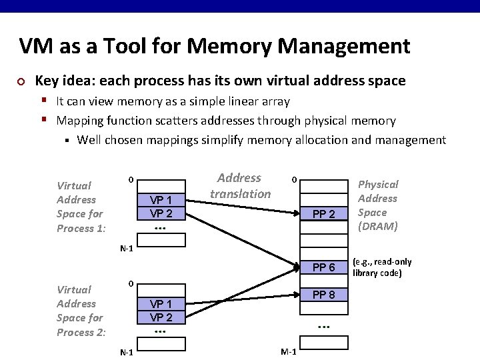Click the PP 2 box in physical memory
(323, 214)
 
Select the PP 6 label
(323, 267)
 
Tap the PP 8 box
(323, 295)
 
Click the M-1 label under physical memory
(289, 352)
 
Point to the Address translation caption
(240, 186)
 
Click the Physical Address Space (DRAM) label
(377, 205)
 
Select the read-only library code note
(382, 267)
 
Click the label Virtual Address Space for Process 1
(81, 207)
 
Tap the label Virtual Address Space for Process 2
(81, 311)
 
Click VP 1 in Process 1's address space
(161, 200)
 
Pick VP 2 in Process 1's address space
(161, 213)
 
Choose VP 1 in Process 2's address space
(161, 305)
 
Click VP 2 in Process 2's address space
(161, 317)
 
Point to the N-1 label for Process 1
(126, 249)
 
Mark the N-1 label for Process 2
(126, 352)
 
